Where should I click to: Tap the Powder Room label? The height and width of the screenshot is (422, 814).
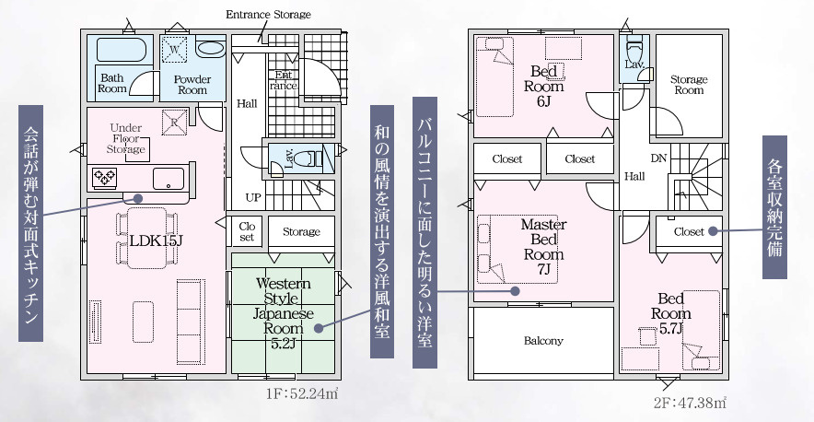point(192,85)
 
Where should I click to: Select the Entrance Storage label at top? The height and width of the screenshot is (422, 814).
point(268,15)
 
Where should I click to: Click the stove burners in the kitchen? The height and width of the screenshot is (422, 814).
point(103,177)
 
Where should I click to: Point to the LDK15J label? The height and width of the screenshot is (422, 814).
point(150,241)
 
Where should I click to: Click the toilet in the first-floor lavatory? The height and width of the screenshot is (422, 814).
point(313,158)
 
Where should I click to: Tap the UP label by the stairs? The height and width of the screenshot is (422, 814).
point(251,197)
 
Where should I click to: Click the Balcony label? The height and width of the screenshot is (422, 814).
point(543,341)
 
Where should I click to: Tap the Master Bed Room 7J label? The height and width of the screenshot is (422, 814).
point(543,247)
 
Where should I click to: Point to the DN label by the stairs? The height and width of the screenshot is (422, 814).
point(659,158)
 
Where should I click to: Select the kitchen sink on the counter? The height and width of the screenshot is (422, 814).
point(169,177)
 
